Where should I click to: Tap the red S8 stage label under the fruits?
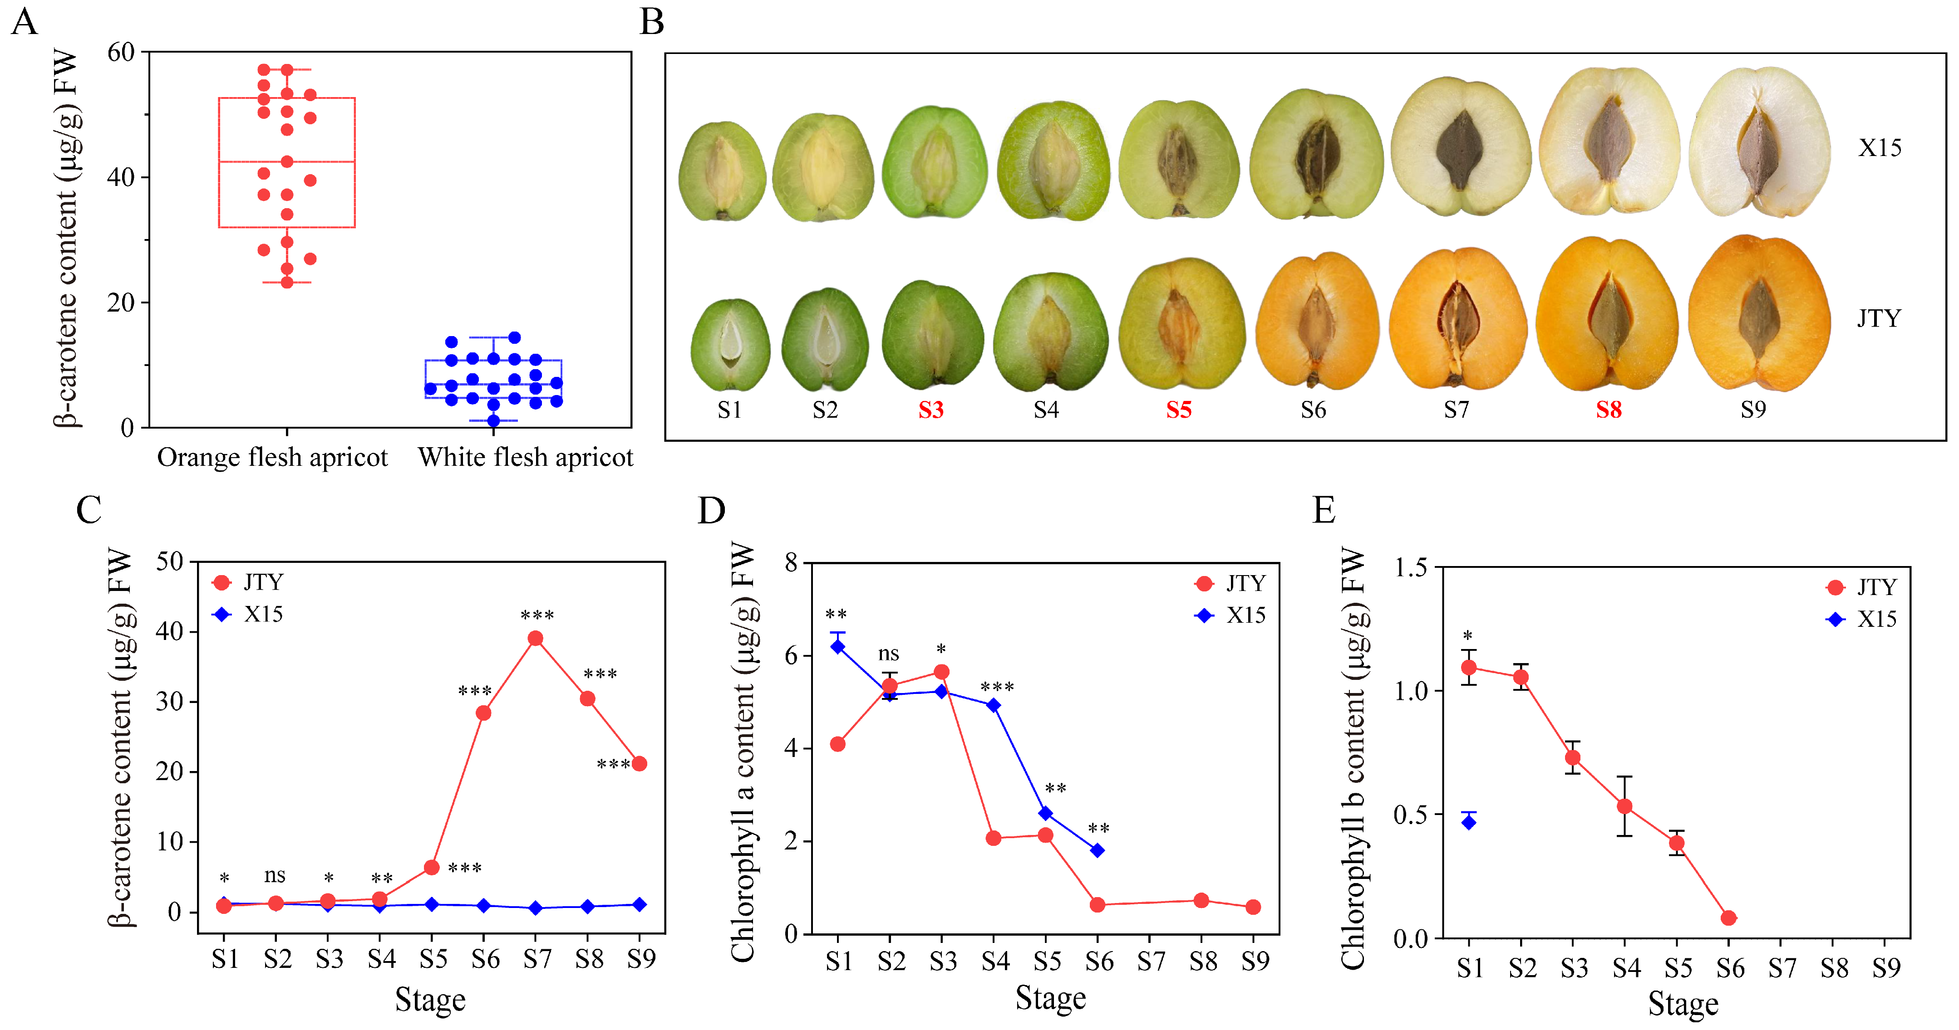[x=1609, y=410]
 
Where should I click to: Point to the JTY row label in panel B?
[x=1878, y=318]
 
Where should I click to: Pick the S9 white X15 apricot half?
[x=1759, y=143]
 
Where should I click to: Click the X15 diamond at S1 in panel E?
[x=1468, y=822]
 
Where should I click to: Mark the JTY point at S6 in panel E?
[x=1728, y=918]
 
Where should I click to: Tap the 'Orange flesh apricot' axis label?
[x=272, y=458]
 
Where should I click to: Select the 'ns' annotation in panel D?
[x=888, y=654]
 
